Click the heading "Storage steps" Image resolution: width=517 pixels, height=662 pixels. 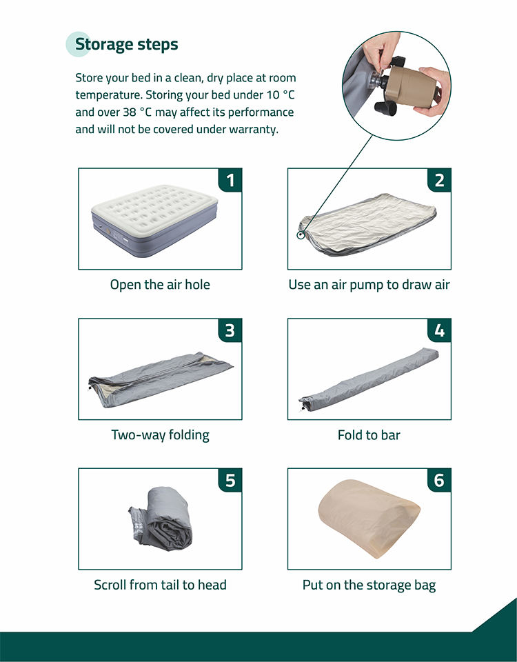tap(127, 44)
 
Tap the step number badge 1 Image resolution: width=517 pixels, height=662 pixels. tap(230, 180)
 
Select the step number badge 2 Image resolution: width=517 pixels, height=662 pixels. tap(439, 180)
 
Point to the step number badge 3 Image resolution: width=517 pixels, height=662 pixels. tap(230, 330)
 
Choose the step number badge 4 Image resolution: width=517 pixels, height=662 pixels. tap(439, 330)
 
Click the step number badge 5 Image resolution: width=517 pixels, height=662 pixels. tap(230, 480)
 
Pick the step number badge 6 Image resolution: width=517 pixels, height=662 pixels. tap(439, 480)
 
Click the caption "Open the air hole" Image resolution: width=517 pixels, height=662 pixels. tap(160, 285)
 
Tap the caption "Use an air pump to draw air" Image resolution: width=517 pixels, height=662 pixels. tap(369, 285)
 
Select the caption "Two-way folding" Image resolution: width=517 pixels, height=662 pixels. tap(160, 435)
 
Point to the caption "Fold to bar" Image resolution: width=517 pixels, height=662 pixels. tap(369, 435)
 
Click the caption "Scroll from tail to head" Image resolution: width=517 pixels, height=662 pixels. tap(160, 585)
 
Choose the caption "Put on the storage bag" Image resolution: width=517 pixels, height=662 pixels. tap(369, 585)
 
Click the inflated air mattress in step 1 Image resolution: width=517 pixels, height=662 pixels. tap(154, 219)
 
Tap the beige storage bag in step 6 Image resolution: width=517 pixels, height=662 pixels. tap(369, 518)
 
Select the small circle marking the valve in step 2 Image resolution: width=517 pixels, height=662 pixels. tap(301, 234)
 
